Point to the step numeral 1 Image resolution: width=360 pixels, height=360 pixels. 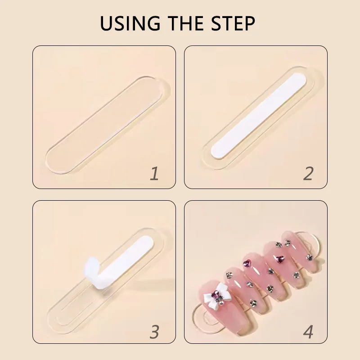[154, 174]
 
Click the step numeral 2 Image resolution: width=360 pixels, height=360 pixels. [308, 174]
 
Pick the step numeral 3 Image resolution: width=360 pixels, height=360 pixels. [154, 332]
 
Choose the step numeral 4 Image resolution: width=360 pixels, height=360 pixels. [308, 332]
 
